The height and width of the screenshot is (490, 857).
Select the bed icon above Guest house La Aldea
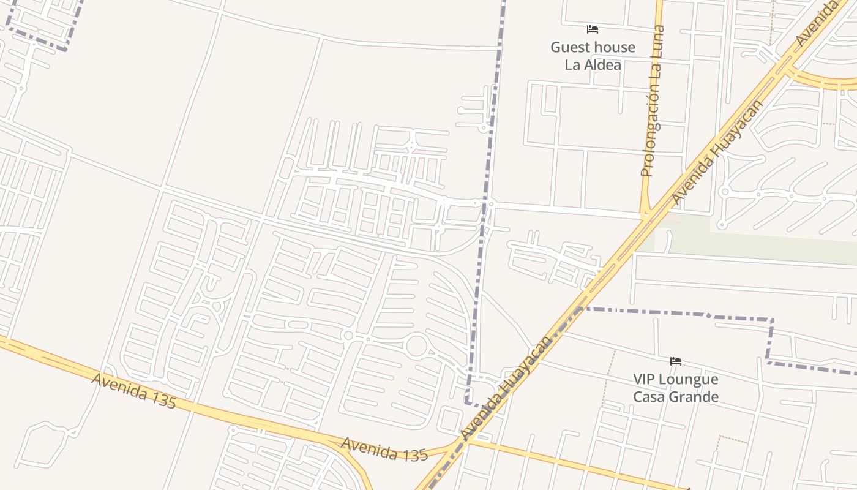point(592,29)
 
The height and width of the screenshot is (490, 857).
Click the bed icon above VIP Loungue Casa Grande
point(676,361)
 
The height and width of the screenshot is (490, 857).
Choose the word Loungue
point(690,380)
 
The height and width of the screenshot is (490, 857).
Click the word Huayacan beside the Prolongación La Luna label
point(738,129)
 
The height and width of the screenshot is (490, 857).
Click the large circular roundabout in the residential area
point(416,345)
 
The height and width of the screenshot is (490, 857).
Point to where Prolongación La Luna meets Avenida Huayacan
point(645,216)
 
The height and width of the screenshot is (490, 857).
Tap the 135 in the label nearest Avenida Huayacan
point(416,454)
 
